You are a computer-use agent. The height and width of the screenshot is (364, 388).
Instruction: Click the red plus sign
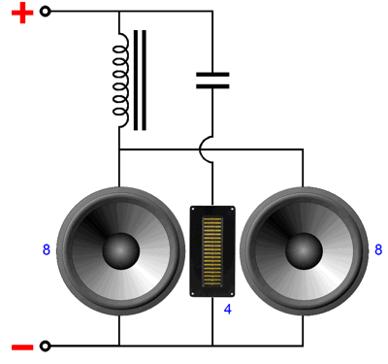point(22,13)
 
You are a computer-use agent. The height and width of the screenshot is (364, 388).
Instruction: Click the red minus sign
point(22,347)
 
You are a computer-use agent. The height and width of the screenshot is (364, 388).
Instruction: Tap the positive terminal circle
point(46,12)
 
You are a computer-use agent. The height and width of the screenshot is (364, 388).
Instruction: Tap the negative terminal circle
point(46,346)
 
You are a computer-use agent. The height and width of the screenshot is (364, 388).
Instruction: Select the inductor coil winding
point(120,80)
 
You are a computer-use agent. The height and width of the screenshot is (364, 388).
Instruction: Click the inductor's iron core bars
point(140,81)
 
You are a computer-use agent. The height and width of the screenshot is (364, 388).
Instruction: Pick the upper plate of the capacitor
point(212,75)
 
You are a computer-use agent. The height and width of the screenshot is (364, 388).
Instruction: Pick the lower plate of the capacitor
point(212,86)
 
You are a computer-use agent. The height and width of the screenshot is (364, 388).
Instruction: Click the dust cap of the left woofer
point(121,250)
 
